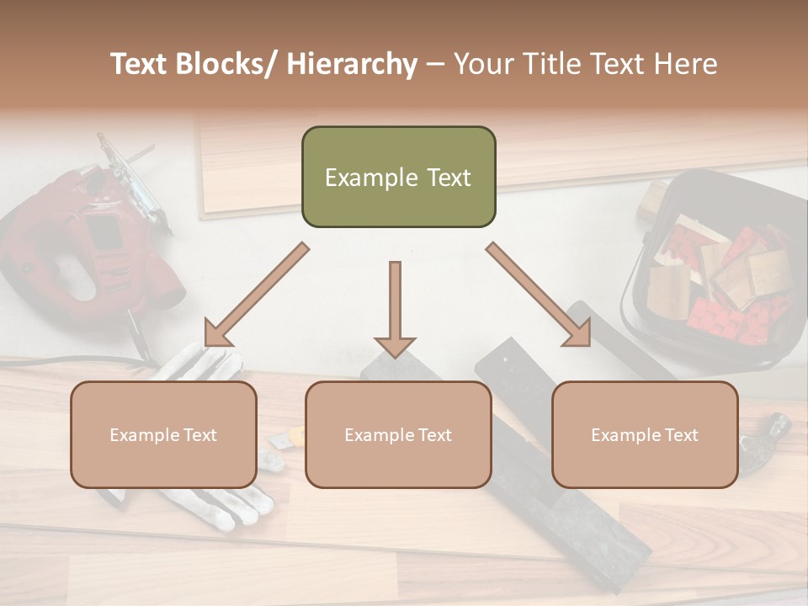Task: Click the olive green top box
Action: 398,177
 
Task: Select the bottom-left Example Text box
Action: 163,434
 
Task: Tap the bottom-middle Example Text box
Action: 398,434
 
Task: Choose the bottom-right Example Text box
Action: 645,434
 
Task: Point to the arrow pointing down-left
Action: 257,295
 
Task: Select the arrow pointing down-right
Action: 539,295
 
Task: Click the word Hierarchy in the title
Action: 351,64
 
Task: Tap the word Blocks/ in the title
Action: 222,64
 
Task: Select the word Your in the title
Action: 482,64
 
